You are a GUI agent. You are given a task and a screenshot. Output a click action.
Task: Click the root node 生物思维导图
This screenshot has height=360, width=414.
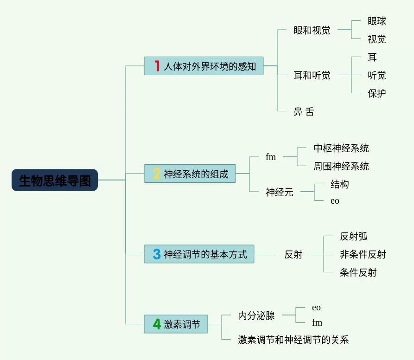[55, 180]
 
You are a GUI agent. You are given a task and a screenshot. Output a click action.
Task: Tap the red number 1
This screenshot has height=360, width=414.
[157, 66]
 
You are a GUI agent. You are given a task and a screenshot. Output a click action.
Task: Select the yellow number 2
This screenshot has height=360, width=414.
[157, 174]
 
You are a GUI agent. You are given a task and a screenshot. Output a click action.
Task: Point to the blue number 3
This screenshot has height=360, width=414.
[157, 254]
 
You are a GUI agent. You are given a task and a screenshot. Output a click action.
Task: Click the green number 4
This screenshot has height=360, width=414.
[157, 324]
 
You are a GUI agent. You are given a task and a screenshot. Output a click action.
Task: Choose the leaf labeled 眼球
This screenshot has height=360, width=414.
[376, 21]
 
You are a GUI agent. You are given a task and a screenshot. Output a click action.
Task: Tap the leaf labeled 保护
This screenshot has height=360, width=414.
[376, 93]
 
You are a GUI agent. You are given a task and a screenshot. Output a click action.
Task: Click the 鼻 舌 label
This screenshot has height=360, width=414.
[304, 111]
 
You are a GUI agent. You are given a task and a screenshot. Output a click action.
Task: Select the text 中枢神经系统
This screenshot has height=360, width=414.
[341, 148]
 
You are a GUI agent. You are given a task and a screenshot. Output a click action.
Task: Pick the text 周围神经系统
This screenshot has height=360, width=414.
[341, 166]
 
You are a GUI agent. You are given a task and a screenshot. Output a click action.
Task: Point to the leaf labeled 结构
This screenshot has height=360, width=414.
[339, 184]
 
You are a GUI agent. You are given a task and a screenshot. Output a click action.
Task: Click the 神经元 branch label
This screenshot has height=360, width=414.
[280, 192]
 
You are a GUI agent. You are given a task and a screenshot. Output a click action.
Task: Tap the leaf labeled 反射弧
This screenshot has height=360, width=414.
[353, 236]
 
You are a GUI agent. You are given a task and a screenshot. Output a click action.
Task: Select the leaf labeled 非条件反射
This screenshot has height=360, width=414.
[363, 254]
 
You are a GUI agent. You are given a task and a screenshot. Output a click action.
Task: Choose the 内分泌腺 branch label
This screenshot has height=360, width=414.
[256, 315]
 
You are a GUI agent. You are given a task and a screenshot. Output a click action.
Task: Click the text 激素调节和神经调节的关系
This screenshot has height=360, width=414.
[293, 340]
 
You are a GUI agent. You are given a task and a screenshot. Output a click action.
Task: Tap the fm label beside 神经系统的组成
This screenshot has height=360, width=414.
[271, 157]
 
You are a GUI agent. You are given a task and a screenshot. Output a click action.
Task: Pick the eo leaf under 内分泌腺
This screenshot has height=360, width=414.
[316, 308]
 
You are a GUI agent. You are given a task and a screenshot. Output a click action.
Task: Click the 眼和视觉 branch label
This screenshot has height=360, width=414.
[312, 30]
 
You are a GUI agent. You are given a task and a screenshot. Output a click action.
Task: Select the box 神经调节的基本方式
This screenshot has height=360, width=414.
[199, 254]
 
